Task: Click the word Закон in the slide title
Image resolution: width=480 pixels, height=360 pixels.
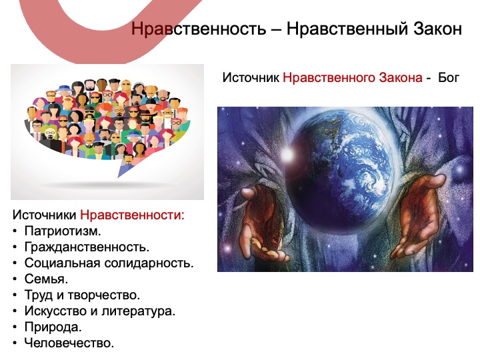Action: [x=438, y=29]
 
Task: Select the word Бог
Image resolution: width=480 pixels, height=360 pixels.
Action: [x=449, y=77]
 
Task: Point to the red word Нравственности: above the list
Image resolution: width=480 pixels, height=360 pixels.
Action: [x=132, y=215]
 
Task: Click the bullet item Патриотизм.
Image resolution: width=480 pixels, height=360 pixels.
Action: [x=63, y=231]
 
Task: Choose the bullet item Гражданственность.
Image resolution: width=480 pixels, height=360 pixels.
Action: [x=87, y=247]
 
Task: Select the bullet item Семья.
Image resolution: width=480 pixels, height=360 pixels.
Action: [x=46, y=279]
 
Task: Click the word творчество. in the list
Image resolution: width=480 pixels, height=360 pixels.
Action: [x=103, y=295]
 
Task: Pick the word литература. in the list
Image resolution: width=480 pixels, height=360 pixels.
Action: [x=139, y=311]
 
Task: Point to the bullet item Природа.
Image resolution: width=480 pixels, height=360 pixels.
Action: [x=53, y=327]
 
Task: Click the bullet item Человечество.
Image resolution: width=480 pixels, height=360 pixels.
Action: [x=69, y=343]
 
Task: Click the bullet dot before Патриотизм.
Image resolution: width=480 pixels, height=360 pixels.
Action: [x=15, y=231]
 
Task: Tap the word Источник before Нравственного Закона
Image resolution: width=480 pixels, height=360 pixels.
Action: [x=251, y=78]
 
